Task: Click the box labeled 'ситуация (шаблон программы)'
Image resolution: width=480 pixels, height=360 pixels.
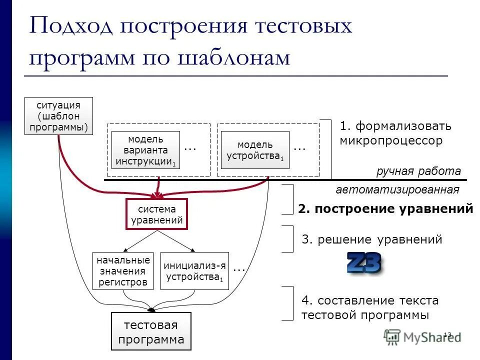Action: point(58,115)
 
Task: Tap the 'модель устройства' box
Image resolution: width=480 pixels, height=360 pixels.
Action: point(255,150)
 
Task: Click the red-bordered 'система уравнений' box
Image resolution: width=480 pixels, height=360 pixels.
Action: point(156,214)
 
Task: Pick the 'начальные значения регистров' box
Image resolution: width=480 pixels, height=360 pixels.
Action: point(123,271)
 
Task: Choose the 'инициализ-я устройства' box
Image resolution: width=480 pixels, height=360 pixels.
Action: point(194,271)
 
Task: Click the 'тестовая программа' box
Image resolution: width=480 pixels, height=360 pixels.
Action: point(150,332)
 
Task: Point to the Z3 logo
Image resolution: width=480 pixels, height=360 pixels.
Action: point(364,263)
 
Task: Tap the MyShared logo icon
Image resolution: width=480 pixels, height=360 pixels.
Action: point(392,336)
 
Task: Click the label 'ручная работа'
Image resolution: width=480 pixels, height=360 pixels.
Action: point(418,171)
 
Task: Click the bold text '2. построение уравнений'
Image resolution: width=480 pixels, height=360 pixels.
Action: point(385,209)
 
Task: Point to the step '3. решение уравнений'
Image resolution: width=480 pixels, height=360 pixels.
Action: point(372,239)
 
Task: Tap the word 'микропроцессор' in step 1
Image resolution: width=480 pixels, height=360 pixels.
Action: point(391,140)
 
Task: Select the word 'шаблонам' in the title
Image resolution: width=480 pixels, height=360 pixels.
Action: point(233,57)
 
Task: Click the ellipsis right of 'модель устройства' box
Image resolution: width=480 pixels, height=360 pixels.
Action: point(299,148)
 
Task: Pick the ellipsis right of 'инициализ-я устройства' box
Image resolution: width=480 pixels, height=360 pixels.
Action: point(239,268)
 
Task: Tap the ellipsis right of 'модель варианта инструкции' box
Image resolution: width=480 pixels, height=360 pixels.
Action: point(190,148)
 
